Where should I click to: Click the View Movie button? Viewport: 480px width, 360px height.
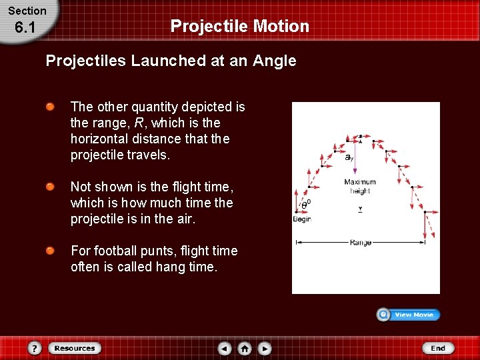coord(408,315)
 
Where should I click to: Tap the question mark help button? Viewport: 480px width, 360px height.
coord(35,348)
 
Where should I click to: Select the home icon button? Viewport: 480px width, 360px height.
coord(245,348)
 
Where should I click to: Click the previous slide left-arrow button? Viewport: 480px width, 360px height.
coord(225,348)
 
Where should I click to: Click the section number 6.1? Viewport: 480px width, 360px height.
coord(24,27)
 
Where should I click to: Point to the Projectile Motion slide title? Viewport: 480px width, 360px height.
coord(240,26)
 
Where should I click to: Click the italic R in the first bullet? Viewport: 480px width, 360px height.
coord(139,123)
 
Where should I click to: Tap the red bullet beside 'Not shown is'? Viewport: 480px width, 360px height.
coord(50,187)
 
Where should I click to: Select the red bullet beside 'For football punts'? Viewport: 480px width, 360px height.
coord(50,251)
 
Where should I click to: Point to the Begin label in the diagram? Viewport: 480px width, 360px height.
coord(302,219)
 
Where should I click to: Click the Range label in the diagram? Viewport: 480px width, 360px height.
coord(360,243)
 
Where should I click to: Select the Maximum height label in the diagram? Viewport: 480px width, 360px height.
coord(360,186)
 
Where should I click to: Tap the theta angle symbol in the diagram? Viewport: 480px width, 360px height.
coord(305,205)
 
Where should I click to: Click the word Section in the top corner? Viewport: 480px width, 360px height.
coord(27,11)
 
